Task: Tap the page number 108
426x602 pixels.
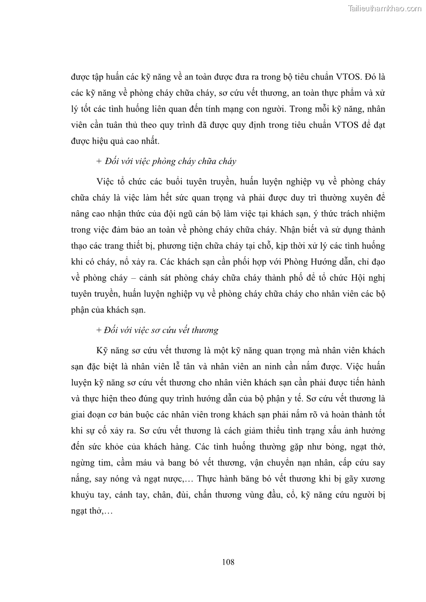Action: (x=228, y=562)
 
